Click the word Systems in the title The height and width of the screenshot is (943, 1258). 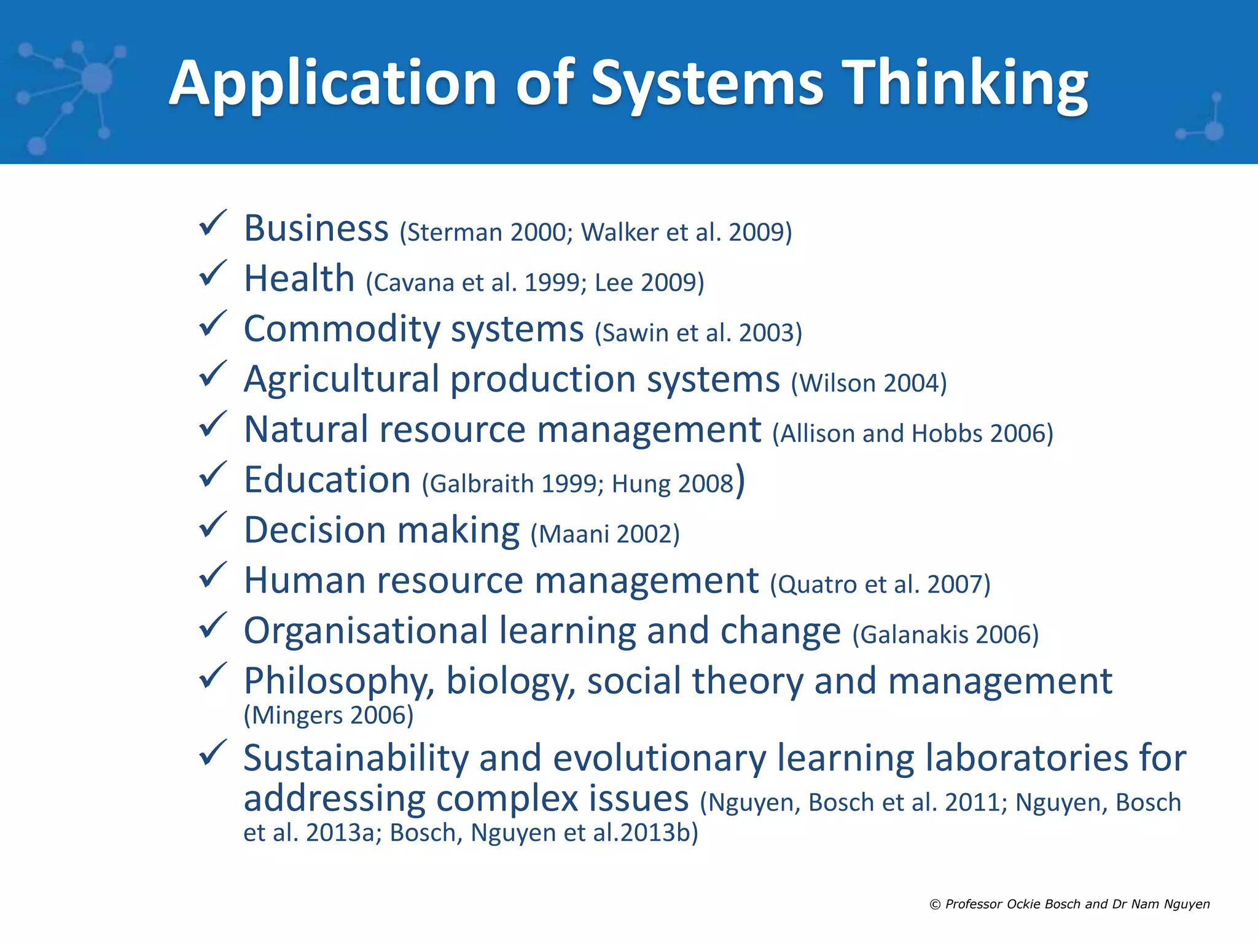[x=707, y=84]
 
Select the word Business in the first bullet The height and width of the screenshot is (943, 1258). [x=316, y=228]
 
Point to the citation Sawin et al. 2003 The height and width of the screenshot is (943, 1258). [x=698, y=333]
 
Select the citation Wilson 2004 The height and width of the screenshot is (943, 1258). [x=869, y=383]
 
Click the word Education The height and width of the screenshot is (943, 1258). [x=327, y=479]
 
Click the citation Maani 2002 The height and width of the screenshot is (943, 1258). [x=605, y=534]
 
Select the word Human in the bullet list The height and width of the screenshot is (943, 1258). [x=305, y=580]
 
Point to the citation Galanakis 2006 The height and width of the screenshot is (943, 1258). [x=945, y=635]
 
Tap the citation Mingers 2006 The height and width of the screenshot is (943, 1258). [x=329, y=715]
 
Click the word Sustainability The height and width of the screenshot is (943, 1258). [x=356, y=758]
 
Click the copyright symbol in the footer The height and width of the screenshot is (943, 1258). [x=935, y=904]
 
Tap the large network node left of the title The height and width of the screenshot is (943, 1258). [x=96, y=79]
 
